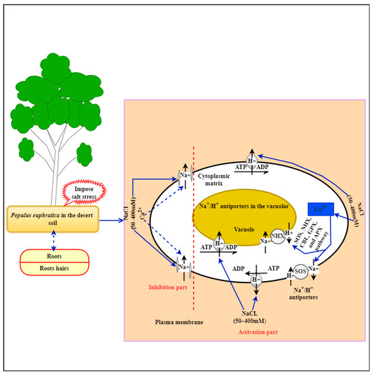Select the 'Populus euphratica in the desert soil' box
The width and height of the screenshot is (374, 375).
(53, 218)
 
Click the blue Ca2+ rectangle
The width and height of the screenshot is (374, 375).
(320, 209)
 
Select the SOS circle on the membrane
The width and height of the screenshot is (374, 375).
(300, 271)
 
